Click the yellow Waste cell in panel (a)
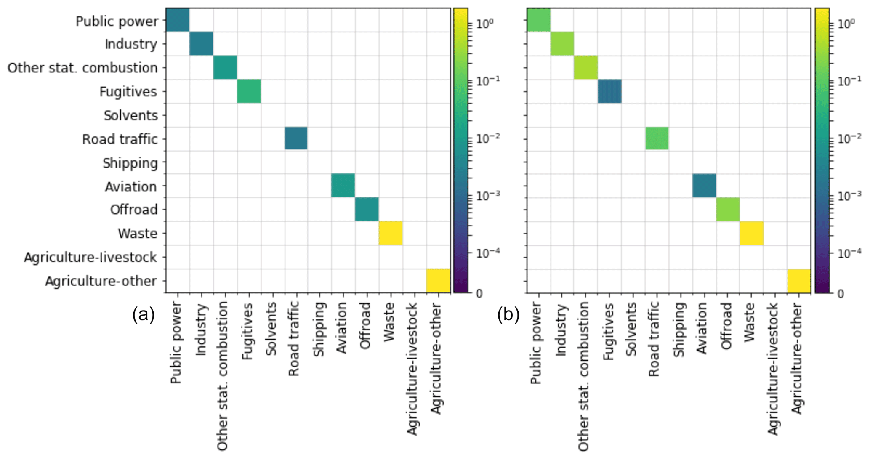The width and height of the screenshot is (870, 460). pyautogui.click(x=391, y=233)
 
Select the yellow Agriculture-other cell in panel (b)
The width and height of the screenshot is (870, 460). pyautogui.click(x=799, y=281)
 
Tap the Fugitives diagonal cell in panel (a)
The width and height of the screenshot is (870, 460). pyautogui.click(x=249, y=91)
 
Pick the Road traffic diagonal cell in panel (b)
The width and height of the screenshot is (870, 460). pyautogui.click(x=657, y=138)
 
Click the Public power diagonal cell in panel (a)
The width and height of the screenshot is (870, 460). pyautogui.click(x=178, y=20)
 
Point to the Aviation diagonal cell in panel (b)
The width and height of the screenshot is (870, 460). pyautogui.click(x=704, y=186)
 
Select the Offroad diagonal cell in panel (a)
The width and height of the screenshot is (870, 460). pyautogui.click(x=367, y=209)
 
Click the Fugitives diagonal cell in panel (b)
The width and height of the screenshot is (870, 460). pyautogui.click(x=609, y=91)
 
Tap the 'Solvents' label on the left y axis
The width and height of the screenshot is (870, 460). pyautogui.click(x=130, y=115)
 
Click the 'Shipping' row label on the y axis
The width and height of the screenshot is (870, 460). pyautogui.click(x=130, y=163)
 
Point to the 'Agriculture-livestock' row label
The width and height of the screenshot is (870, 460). pyautogui.click(x=90, y=257)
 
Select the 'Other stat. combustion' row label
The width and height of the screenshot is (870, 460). pyautogui.click(x=82, y=68)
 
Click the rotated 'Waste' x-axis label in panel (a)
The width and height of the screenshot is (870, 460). pyautogui.click(x=389, y=322)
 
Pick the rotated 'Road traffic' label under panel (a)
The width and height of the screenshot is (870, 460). pyautogui.click(x=294, y=338)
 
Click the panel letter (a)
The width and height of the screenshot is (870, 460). pyautogui.click(x=144, y=315)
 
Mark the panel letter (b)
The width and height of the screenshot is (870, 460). pyautogui.click(x=508, y=315)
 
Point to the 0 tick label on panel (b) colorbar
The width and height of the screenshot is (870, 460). pyautogui.click(x=841, y=294)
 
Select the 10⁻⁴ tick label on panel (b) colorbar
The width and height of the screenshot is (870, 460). pyautogui.click(x=849, y=253)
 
